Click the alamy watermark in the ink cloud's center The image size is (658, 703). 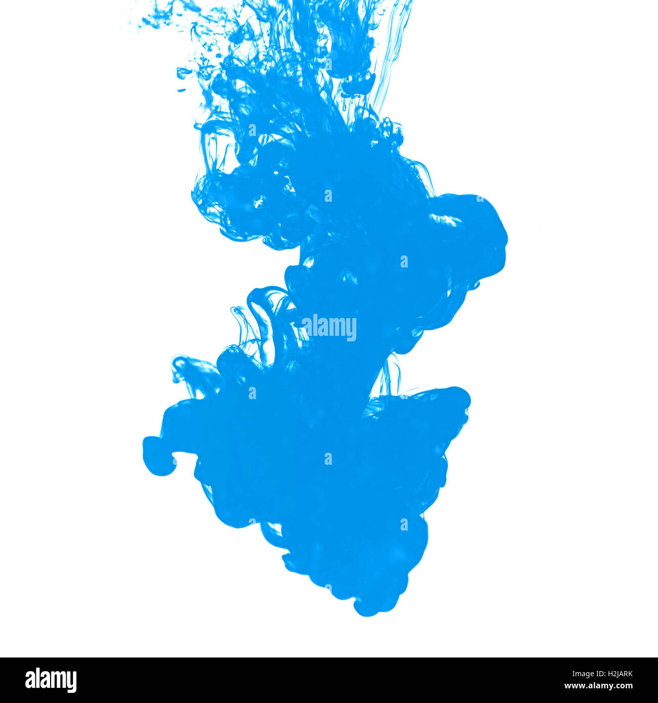329,327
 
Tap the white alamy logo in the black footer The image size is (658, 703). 51,680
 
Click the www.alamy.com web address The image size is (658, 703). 598,686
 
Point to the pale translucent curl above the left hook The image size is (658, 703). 185,369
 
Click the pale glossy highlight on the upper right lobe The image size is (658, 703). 445,220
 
